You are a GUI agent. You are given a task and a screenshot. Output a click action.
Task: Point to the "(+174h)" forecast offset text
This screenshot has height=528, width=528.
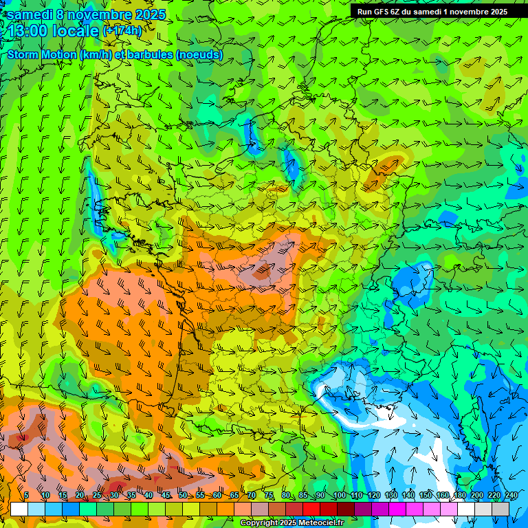pyautogui.click(x=122, y=31)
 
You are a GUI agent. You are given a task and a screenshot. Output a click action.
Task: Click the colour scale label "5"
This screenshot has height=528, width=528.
pyautogui.click(x=26, y=496)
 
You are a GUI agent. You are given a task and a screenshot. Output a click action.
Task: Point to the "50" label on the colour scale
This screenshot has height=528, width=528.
pyautogui.click(x=182, y=496)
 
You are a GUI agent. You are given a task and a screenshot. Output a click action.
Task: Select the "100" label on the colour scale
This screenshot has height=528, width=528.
pyautogui.click(x=339, y=496)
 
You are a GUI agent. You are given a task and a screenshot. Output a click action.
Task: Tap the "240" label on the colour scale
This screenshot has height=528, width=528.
pyautogui.click(x=511, y=496)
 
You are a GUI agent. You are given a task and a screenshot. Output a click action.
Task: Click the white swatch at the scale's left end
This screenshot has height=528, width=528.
pyautogui.click(x=19, y=509)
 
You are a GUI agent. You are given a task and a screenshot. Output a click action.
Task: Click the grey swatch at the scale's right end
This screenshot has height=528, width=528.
pyautogui.click(x=500, y=509)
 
